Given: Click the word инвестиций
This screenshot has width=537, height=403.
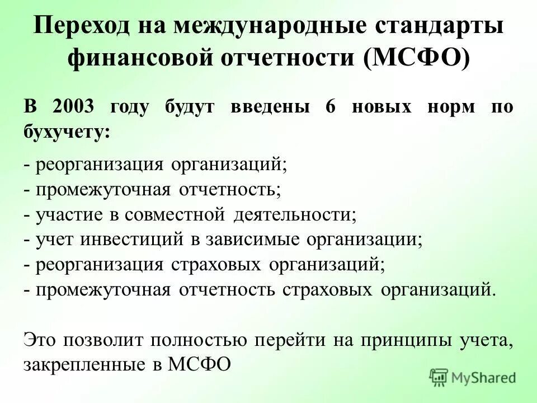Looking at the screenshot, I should tap(133, 240).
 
